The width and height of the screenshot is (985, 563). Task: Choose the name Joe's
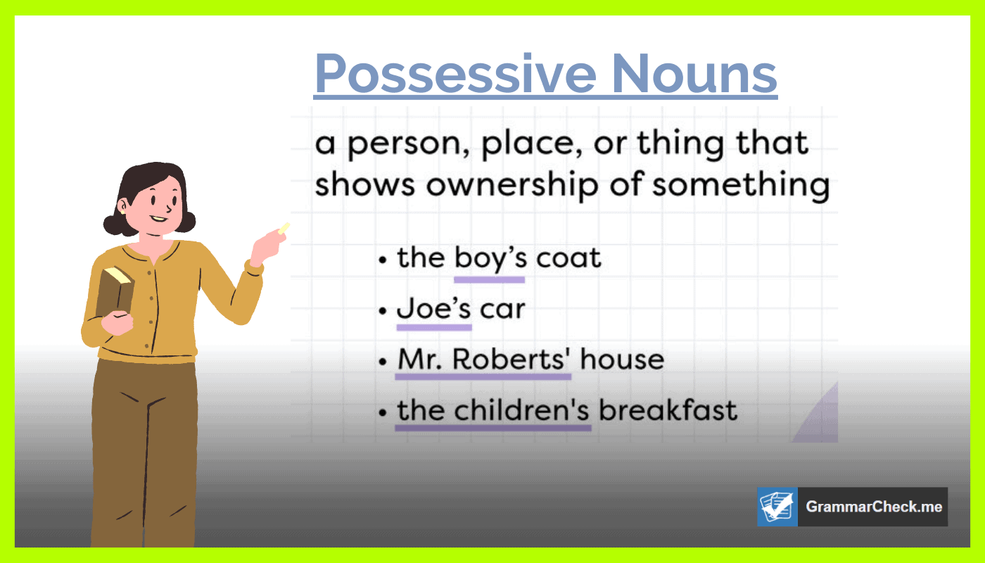(433, 309)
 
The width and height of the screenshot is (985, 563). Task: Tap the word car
(502, 310)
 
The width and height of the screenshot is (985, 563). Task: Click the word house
(622, 360)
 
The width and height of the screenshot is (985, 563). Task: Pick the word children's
(521, 410)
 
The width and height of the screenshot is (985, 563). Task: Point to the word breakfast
(668, 410)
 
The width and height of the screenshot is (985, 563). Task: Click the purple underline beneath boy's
(489, 279)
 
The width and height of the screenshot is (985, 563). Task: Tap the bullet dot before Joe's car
(383, 310)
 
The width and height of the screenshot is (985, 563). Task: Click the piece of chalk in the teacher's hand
(284, 228)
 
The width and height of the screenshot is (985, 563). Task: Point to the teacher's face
(158, 201)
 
